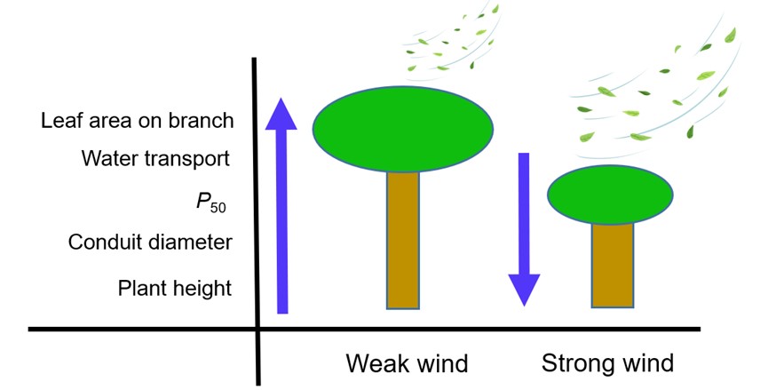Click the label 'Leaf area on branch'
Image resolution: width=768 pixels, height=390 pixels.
click(x=137, y=121)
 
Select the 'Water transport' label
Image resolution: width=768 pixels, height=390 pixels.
click(x=155, y=159)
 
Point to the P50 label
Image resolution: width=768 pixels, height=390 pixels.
click(x=210, y=203)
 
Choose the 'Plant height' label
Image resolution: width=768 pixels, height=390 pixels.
click(x=174, y=288)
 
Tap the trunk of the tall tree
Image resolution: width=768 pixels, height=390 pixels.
click(x=402, y=240)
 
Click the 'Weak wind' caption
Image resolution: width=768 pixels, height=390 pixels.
click(x=406, y=363)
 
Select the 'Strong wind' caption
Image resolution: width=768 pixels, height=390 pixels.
click(x=607, y=363)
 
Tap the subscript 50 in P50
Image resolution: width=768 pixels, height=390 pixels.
click(x=218, y=209)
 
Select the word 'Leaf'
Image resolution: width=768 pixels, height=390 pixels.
click(x=59, y=121)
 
